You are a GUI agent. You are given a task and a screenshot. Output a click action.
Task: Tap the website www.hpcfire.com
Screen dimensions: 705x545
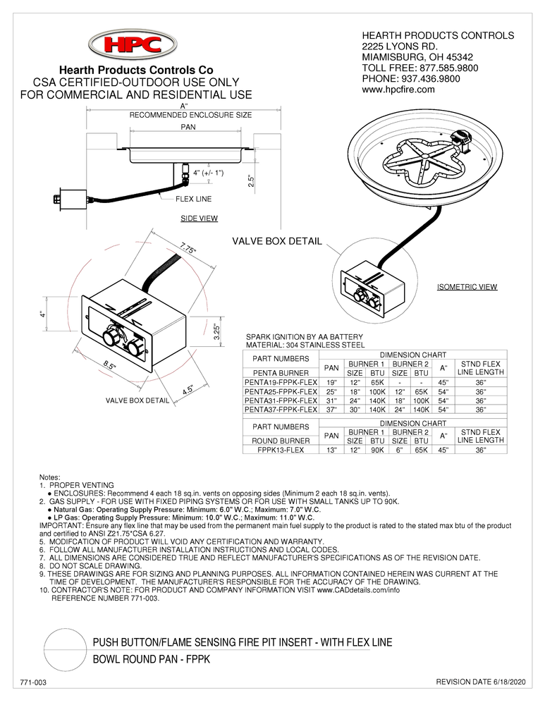coord(398,90)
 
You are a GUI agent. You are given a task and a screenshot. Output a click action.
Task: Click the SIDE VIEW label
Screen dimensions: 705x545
coord(199,219)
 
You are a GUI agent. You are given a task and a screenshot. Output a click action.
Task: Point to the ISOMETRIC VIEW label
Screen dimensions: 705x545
coord(467,287)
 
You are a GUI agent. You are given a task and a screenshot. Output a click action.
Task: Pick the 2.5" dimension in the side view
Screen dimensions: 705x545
coord(250,181)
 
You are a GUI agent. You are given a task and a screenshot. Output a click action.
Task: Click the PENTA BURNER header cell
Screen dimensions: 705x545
coord(281,372)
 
